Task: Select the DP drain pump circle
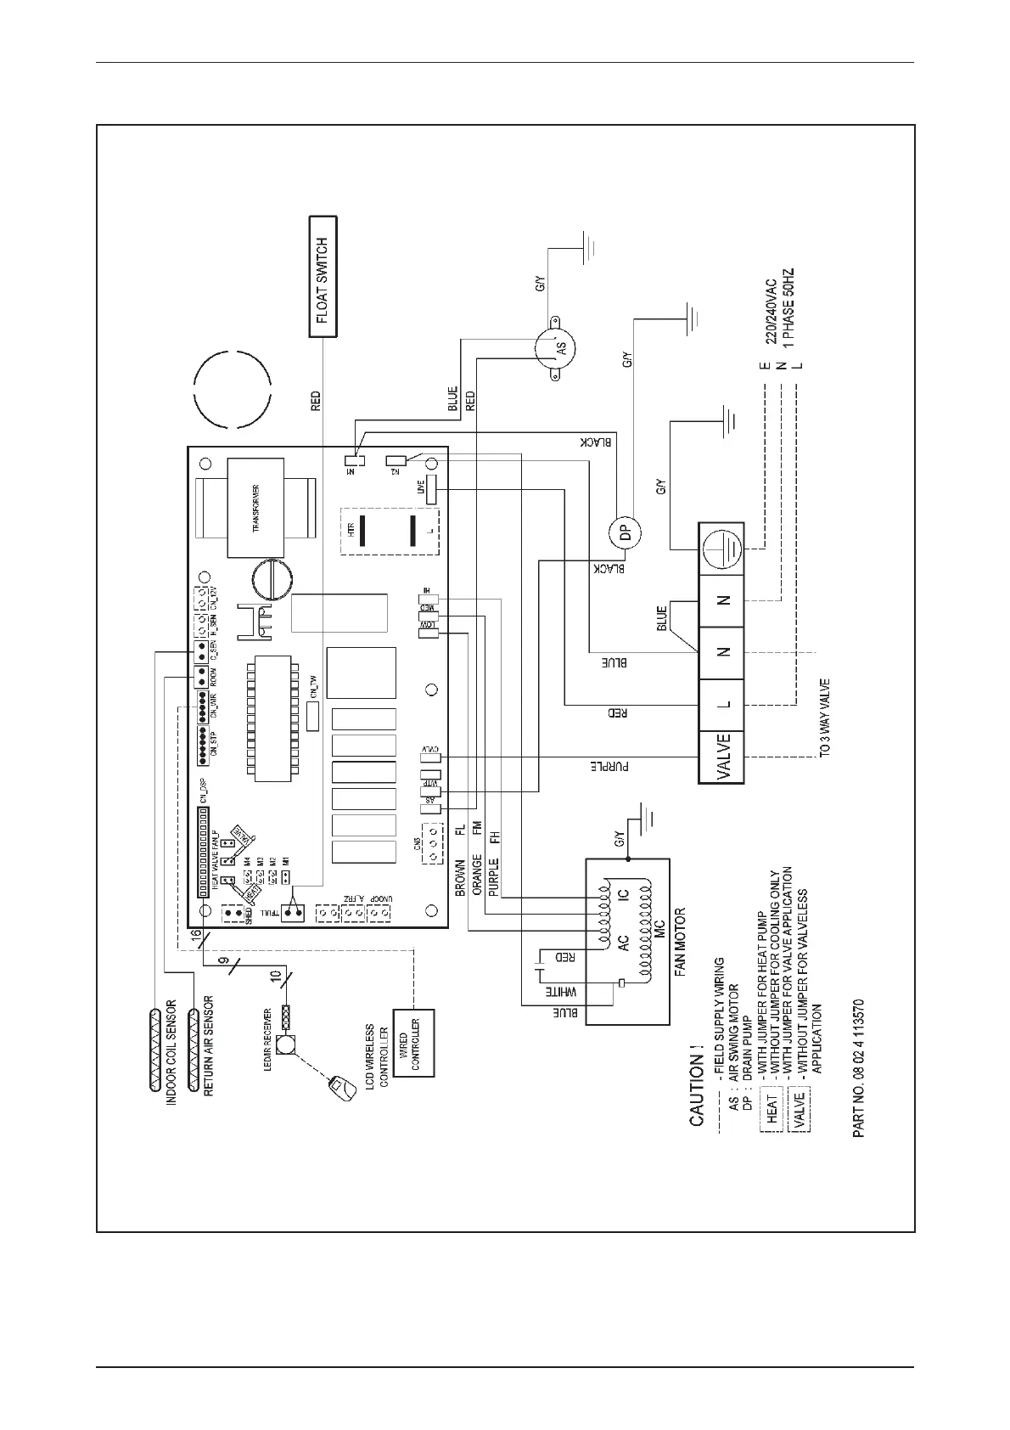(x=625, y=534)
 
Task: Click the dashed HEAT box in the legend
(x=772, y=1109)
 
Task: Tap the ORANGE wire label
(x=477, y=875)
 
